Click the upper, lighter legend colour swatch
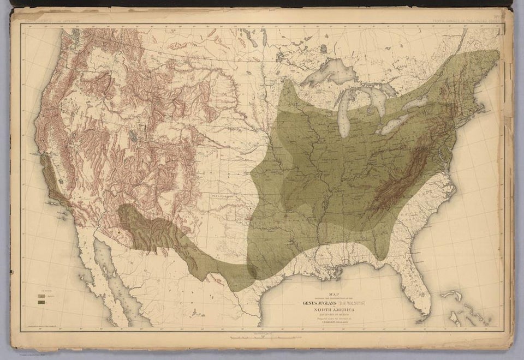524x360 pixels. (x=40, y=295)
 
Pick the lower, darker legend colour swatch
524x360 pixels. (x=40, y=301)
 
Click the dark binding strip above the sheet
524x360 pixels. (x=262, y=4)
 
